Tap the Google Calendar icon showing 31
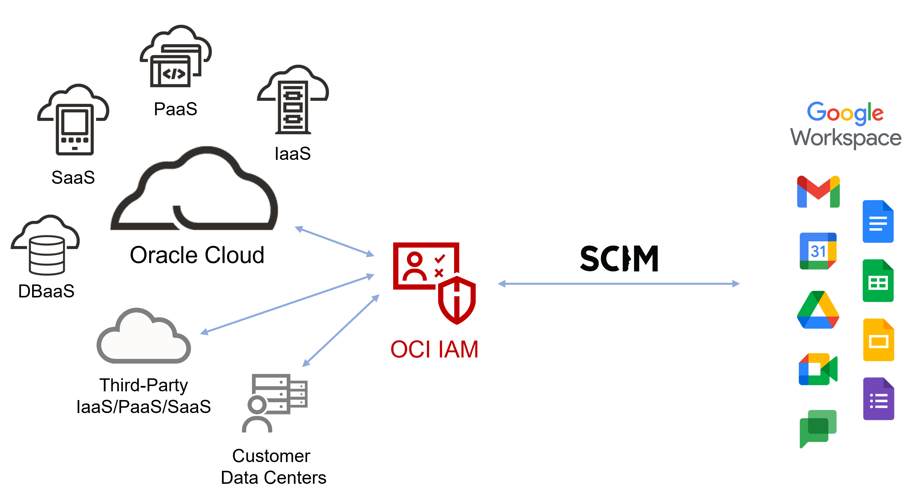(x=818, y=251)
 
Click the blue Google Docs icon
(x=878, y=222)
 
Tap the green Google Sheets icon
(x=878, y=281)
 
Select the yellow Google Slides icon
(x=878, y=340)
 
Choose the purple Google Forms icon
(x=878, y=399)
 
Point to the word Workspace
(x=846, y=138)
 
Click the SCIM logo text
(x=619, y=258)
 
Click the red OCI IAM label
(x=434, y=349)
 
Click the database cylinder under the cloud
(x=47, y=255)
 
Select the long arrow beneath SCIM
(x=618, y=284)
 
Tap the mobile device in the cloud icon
(x=75, y=129)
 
